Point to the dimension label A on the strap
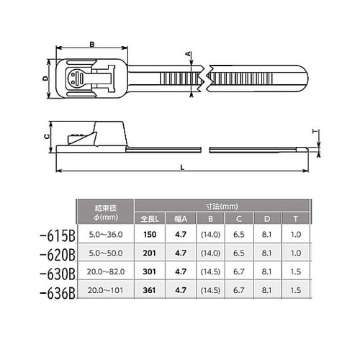tap(189, 55)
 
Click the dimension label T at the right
tap(314, 132)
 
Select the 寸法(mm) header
tap(225, 204)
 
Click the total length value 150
tap(150, 235)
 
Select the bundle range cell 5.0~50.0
tap(105, 253)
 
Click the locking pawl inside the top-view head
tap(77, 79)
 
